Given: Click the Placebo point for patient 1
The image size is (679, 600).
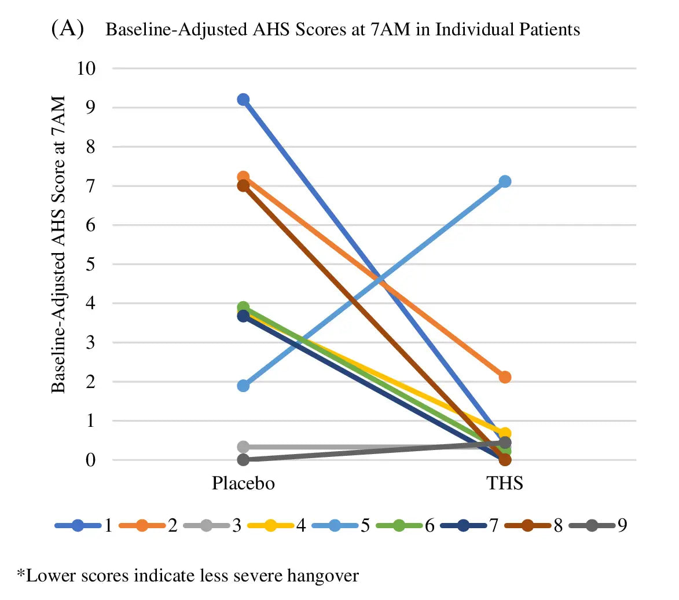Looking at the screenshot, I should [x=243, y=100].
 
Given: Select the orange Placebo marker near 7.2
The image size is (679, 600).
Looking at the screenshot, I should [x=243, y=177].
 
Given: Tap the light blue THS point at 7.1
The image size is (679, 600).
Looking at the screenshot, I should [x=505, y=182].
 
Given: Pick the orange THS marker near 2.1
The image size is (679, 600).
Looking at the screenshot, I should [x=505, y=378].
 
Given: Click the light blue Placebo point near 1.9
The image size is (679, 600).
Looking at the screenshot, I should [x=243, y=386].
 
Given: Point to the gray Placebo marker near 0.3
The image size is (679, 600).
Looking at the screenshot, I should [x=243, y=447].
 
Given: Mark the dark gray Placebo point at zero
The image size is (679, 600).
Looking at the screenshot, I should [x=243, y=460].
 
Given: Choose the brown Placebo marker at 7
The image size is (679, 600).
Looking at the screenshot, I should [x=243, y=186].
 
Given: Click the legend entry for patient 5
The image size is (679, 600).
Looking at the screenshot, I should [x=342, y=526].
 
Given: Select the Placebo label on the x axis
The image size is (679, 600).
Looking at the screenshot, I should [x=243, y=483].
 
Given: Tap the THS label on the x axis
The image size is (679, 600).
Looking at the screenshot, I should [x=505, y=483].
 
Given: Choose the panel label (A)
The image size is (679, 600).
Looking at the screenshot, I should [x=68, y=30].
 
